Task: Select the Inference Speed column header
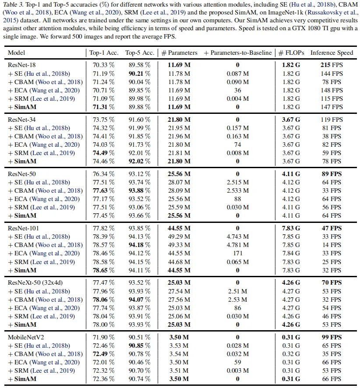pyautogui.click(x=332, y=53)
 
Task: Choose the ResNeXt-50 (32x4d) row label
pyautogui.click(x=35, y=283)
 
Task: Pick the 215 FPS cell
pyautogui.click(x=332, y=64)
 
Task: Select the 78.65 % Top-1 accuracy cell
pyautogui.click(x=103, y=270)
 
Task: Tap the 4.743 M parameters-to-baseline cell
pyautogui.click(x=237, y=237)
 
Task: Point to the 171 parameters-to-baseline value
pyautogui.click(x=237, y=254)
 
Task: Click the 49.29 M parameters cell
pyautogui.click(x=177, y=237)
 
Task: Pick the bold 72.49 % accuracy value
pyautogui.click(x=103, y=354)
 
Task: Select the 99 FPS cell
pyautogui.click(x=332, y=338)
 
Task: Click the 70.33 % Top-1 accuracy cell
pyautogui.click(x=103, y=64)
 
